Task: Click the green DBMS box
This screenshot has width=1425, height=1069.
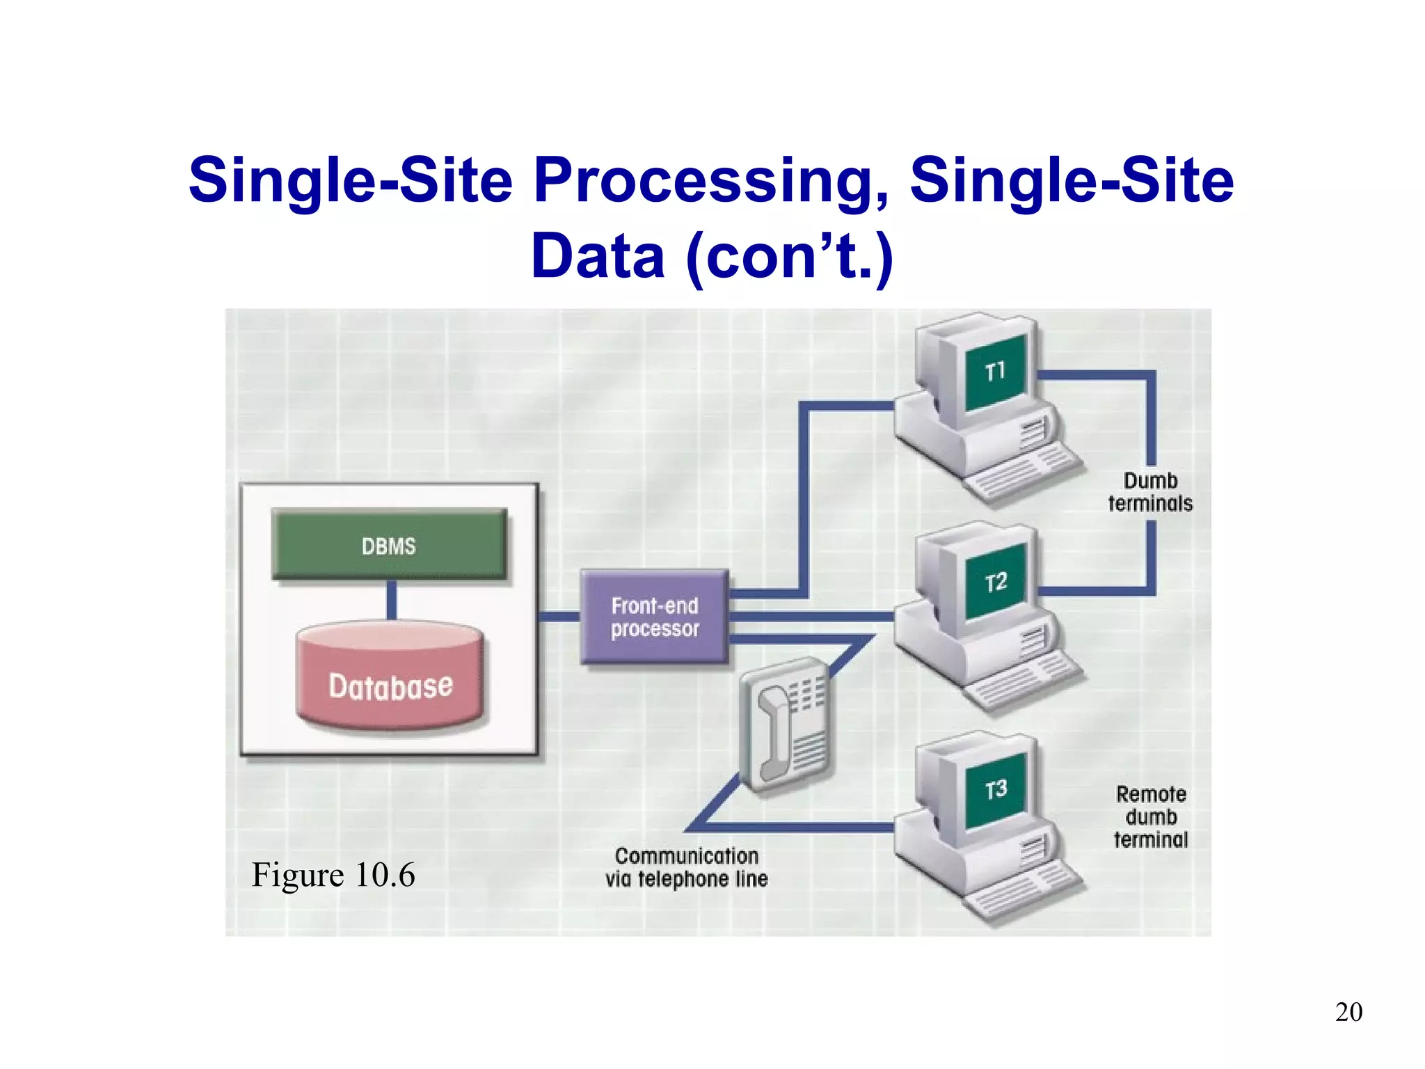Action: pyautogui.click(x=389, y=545)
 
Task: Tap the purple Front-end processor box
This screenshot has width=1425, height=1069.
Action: pyautogui.click(x=655, y=617)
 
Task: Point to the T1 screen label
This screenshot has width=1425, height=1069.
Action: pyautogui.click(x=996, y=372)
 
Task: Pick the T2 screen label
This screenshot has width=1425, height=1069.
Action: pyautogui.click(x=996, y=582)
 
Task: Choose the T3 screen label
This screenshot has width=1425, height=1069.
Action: pyautogui.click(x=996, y=789)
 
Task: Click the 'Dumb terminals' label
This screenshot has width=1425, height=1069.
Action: pyautogui.click(x=1150, y=492)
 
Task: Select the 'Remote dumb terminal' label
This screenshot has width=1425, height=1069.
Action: pyautogui.click(x=1151, y=817)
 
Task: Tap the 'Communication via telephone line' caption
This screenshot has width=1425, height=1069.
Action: pyautogui.click(x=687, y=867)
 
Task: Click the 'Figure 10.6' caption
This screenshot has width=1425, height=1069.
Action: pyautogui.click(x=333, y=875)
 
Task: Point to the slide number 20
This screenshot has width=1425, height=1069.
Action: pyautogui.click(x=1348, y=1012)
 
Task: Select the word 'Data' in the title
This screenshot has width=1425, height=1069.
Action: pyautogui.click(x=598, y=256)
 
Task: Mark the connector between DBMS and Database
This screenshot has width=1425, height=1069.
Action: pyautogui.click(x=391, y=600)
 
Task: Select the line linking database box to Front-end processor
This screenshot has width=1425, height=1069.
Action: pyautogui.click(x=559, y=617)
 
